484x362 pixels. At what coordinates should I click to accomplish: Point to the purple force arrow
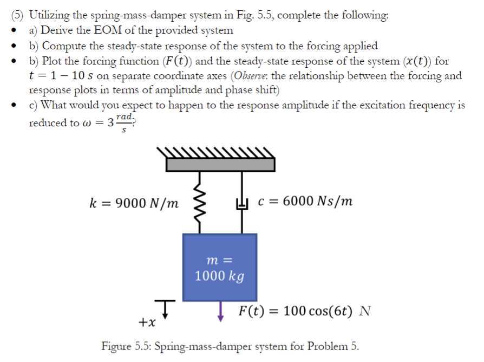[220, 311]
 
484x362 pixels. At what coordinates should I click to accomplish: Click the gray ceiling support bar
[220, 164]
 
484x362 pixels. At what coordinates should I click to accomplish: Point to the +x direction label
[147, 323]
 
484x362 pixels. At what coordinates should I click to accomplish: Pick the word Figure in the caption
[116, 346]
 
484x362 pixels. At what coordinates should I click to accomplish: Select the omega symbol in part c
[87, 122]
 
